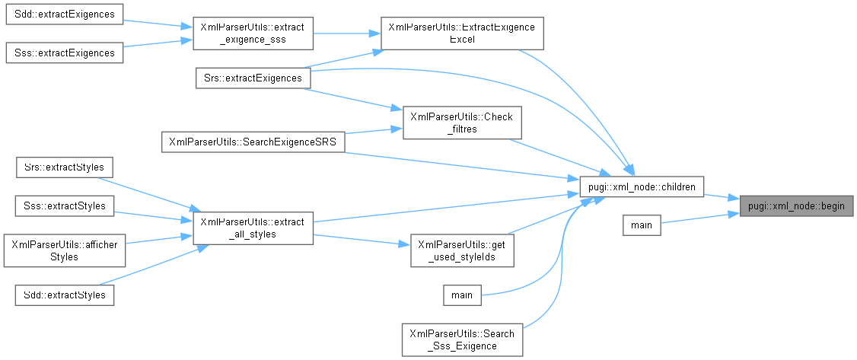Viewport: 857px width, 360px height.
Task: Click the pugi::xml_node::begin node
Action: pyautogui.click(x=796, y=205)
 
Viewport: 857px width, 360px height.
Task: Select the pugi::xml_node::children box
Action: pyautogui.click(x=641, y=185)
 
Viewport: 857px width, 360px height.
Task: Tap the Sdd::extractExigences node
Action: pyautogui.click(x=65, y=14)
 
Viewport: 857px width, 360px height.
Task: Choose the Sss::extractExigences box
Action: pyautogui.click(x=65, y=53)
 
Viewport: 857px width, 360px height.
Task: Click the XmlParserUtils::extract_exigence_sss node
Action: pyautogui.click(x=252, y=33)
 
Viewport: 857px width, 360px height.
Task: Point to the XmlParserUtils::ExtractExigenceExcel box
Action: pyautogui.click(x=461, y=33)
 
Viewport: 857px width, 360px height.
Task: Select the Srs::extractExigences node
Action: pyautogui.click(x=248, y=78)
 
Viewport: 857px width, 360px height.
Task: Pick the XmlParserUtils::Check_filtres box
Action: pyautogui.click(x=461, y=123)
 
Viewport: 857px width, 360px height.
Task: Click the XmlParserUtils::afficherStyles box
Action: pyautogui.click(x=65, y=250)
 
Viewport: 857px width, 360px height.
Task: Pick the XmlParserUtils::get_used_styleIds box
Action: pyautogui.click(x=461, y=250)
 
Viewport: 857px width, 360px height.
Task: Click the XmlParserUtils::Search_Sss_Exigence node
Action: pyautogui.click(x=461, y=339)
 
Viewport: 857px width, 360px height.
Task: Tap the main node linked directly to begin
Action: pyautogui.click(x=641, y=225)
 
